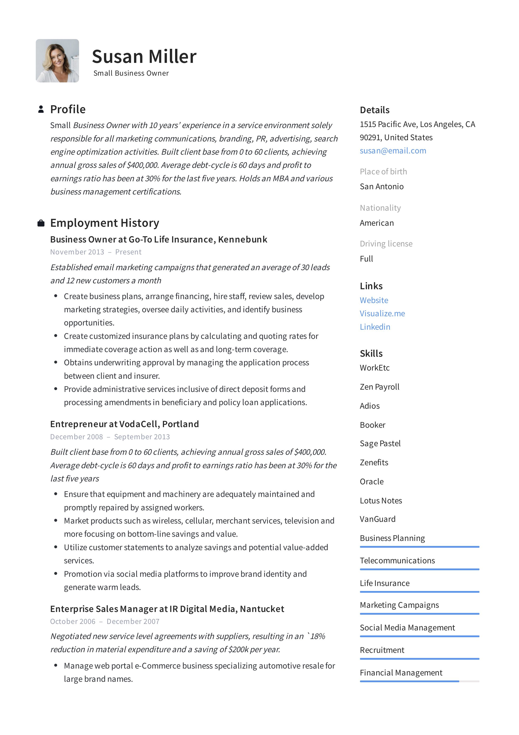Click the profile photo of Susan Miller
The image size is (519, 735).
pos(57,61)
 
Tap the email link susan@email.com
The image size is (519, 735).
pos(393,151)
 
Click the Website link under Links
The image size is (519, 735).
pos(374,300)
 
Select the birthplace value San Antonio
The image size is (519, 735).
pos(381,187)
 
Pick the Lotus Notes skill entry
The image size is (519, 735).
pos(381,501)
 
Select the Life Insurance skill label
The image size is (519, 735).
pos(385,583)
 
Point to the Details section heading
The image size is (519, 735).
pos(374,110)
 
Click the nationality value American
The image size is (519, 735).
pos(377,223)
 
